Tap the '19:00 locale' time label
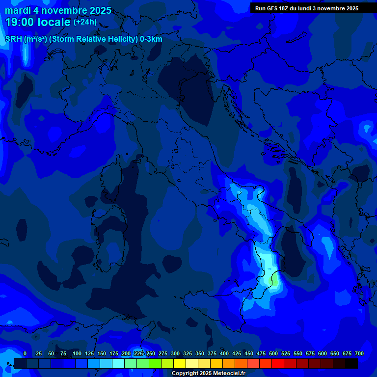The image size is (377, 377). [38, 22]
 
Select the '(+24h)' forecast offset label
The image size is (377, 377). [85, 22]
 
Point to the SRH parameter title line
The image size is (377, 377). [83, 39]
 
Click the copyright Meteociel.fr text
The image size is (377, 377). [208, 374]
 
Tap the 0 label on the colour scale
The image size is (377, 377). [25, 354]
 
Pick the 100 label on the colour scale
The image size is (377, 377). [77, 354]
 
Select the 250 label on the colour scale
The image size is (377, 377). [151, 354]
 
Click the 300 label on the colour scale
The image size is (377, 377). [175, 354]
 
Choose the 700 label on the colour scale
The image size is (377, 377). [359, 354]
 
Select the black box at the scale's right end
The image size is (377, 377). [351, 363]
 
